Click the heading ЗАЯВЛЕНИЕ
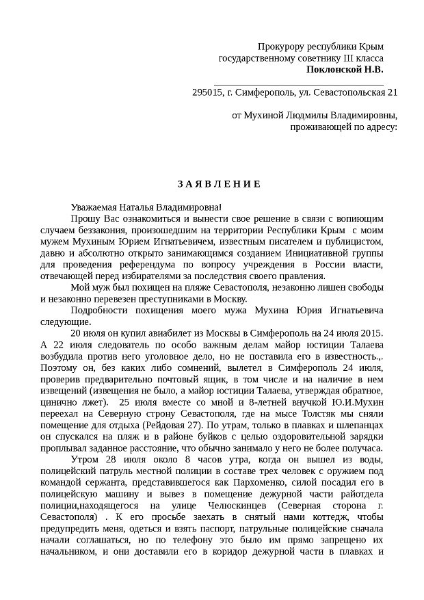[213, 183]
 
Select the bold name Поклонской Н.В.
[345, 69]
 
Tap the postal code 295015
[209, 92]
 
